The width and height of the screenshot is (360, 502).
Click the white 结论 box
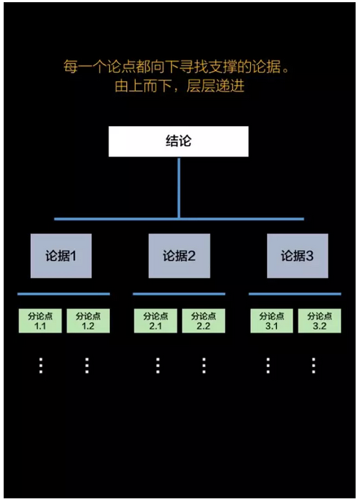(178, 141)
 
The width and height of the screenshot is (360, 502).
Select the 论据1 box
(61, 256)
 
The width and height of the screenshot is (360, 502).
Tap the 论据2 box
(179, 256)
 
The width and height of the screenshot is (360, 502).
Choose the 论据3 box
(297, 256)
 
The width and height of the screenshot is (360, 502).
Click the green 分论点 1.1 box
(40, 320)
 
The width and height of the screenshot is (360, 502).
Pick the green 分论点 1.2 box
(88, 320)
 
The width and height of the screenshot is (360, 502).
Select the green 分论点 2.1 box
(155, 320)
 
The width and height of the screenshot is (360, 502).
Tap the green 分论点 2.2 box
(203, 320)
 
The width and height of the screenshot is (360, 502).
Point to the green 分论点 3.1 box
(271, 320)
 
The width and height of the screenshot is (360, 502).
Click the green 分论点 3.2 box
(320, 320)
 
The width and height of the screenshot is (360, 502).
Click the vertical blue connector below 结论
(179, 188)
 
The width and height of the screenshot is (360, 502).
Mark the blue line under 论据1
(63, 294)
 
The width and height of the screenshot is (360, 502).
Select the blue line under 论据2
(179, 294)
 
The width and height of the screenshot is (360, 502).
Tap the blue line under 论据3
(295, 294)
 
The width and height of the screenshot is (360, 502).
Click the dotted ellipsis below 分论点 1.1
(41, 366)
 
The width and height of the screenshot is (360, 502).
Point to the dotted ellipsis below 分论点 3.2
(314, 366)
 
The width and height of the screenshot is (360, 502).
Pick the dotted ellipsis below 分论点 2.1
(158, 366)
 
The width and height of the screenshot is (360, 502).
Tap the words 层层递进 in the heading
(216, 86)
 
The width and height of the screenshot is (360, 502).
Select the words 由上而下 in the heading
(143, 86)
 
